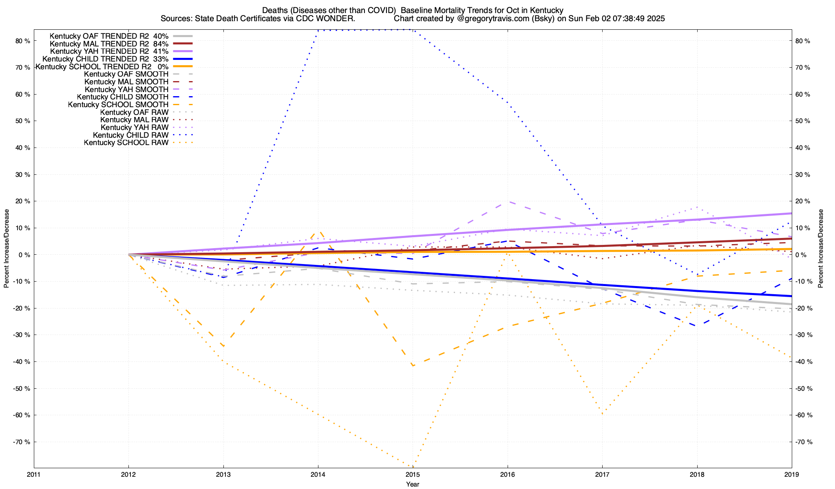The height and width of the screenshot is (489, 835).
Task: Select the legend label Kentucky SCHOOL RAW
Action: tap(126, 143)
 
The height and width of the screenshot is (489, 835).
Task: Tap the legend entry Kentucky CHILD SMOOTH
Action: tap(122, 97)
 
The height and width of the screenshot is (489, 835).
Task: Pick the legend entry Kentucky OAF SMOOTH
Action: tap(126, 74)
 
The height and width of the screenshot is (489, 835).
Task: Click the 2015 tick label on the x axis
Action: tap(413, 474)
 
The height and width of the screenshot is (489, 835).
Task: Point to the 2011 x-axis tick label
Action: tap(34, 474)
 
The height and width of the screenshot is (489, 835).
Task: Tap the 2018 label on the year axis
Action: tap(697, 474)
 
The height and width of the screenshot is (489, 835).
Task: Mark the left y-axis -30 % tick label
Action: tap(21, 335)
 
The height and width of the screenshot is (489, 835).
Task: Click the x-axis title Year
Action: tap(413, 484)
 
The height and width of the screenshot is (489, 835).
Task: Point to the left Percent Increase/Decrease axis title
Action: tap(7, 249)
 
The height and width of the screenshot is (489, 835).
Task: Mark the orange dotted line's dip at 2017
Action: tap(602, 414)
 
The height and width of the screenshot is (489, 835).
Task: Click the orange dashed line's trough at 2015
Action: tap(413, 366)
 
